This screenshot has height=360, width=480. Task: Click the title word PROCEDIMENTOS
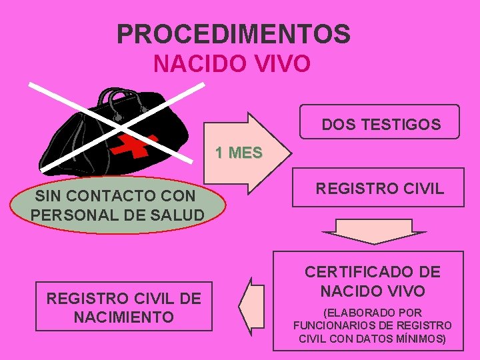[x=233, y=33]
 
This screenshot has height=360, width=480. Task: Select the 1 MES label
[x=238, y=153]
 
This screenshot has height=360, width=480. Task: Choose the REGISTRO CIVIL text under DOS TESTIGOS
[x=379, y=189]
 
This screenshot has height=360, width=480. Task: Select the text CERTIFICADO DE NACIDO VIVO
[x=372, y=281]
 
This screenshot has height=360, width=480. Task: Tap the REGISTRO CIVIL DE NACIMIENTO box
[x=123, y=307]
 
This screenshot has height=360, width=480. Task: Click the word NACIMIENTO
[x=123, y=317]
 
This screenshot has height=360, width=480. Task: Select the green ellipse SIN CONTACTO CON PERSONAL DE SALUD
[x=117, y=205]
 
